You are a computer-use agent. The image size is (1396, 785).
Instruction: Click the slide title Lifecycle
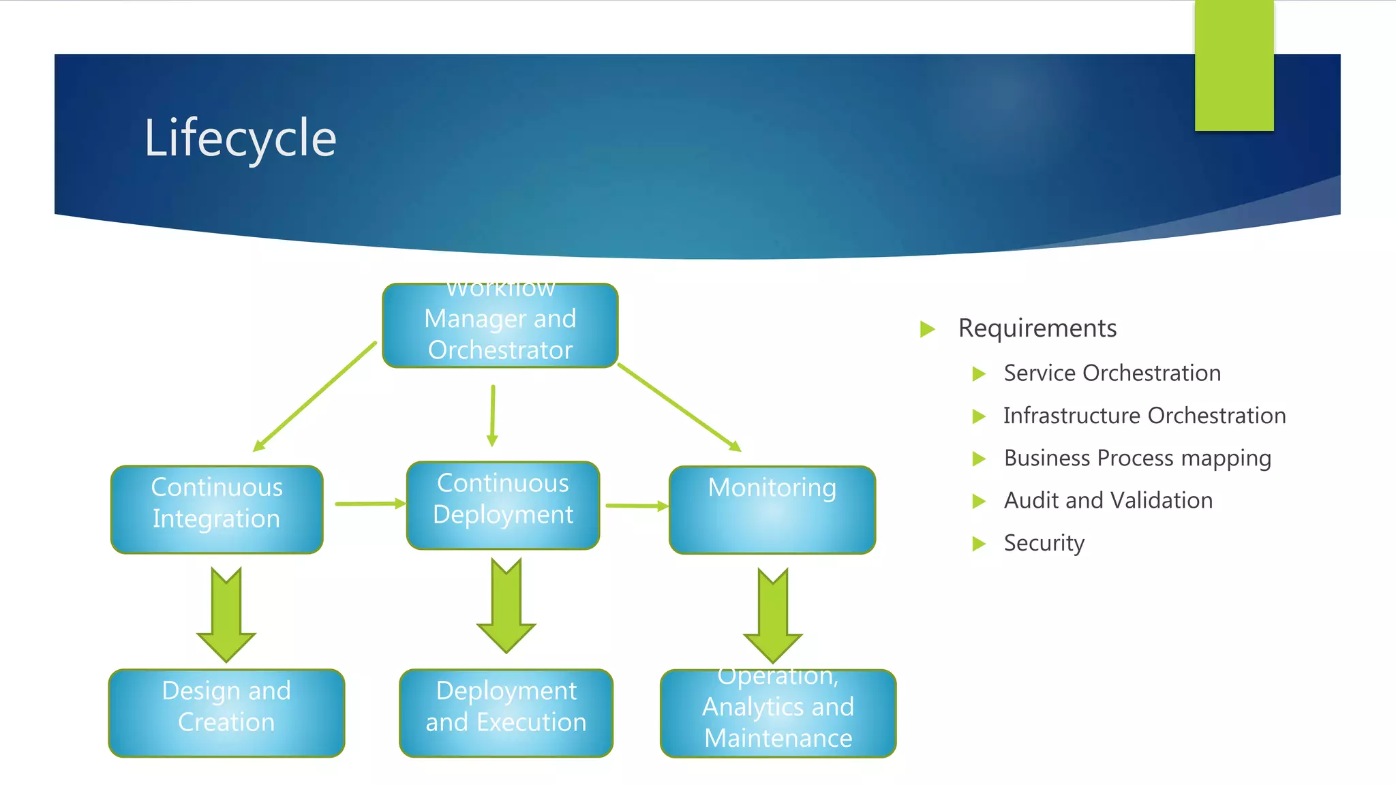[x=240, y=138]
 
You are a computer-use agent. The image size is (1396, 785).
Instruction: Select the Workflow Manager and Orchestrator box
[x=500, y=326]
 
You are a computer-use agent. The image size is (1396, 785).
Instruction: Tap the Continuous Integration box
[x=217, y=510]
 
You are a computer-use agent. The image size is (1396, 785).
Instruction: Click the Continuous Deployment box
[x=503, y=506]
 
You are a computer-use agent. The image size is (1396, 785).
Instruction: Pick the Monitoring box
[x=772, y=510]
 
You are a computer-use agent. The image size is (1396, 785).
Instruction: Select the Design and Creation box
[x=226, y=713]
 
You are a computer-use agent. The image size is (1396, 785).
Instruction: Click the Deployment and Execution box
[x=506, y=713]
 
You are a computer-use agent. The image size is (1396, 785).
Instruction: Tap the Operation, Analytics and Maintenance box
[x=778, y=713]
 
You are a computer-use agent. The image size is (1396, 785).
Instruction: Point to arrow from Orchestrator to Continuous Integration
[x=314, y=397]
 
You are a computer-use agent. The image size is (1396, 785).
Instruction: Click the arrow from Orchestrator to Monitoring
[x=679, y=407]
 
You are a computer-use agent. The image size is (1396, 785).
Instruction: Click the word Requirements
[x=1037, y=328]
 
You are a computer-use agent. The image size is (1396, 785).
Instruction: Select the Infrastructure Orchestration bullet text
[x=1144, y=416]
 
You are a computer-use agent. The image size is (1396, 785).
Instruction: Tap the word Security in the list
[x=1044, y=543]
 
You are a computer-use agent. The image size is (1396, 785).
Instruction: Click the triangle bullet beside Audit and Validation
[x=979, y=502]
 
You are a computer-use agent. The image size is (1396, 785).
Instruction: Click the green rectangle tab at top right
[x=1234, y=65]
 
